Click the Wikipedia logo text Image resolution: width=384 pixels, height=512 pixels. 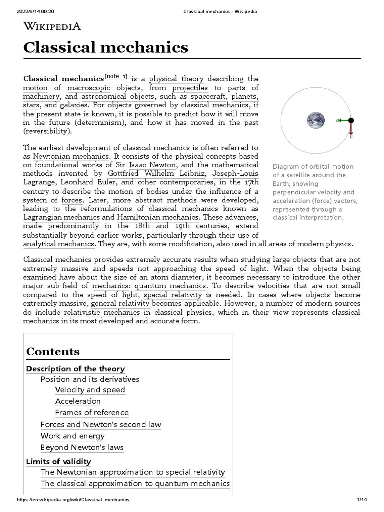coord(52,26)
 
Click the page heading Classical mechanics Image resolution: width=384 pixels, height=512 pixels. coord(106,48)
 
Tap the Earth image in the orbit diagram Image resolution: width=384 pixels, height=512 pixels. coord(315,120)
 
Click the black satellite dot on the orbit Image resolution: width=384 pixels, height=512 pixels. coord(351,120)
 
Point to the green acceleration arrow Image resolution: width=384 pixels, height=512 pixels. coord(343,120)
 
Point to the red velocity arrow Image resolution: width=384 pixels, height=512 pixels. coord(351,129)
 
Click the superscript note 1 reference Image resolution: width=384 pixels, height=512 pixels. coord(116,77)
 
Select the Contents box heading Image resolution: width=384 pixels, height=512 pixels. coord(53,351)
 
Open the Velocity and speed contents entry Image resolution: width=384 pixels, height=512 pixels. coord(90,390)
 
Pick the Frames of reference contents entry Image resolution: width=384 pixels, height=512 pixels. coord(92,413)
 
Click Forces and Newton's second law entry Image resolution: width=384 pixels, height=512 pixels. coord(101,425)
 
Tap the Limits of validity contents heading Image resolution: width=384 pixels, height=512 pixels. coord(58,461)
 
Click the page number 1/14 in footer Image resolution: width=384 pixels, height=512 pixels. coord(362,500)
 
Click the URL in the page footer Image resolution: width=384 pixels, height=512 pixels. coord(73,500)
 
